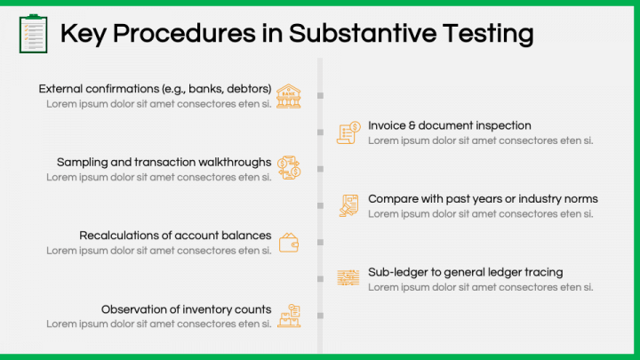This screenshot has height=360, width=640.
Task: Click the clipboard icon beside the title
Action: (33, 33)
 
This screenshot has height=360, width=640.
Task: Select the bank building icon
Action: (288, 95)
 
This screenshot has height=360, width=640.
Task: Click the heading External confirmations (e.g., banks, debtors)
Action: (156, 89)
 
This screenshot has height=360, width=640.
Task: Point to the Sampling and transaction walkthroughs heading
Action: (164, 162)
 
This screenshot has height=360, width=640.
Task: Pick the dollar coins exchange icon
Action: (289, 168)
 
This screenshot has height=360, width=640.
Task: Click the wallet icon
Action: (289, 242)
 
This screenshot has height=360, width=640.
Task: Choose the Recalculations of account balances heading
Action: (175, 236)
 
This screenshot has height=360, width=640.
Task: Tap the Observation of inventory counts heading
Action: (186, 309)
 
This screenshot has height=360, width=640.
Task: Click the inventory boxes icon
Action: (289, 316)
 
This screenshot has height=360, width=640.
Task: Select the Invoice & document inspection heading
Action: (450, 125)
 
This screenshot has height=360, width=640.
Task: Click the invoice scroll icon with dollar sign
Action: (348, 132)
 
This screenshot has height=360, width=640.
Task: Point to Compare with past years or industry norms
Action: (483, 199)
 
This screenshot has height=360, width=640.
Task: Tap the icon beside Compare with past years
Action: (348, 205)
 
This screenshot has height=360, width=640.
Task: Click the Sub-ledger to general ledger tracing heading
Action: (465, 272)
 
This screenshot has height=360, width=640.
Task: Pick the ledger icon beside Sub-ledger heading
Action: (348, 278)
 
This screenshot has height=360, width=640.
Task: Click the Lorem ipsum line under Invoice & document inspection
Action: (480, 140)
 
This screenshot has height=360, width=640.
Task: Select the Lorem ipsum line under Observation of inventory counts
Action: (159, 324)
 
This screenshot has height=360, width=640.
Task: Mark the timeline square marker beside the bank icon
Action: (320, 95)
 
